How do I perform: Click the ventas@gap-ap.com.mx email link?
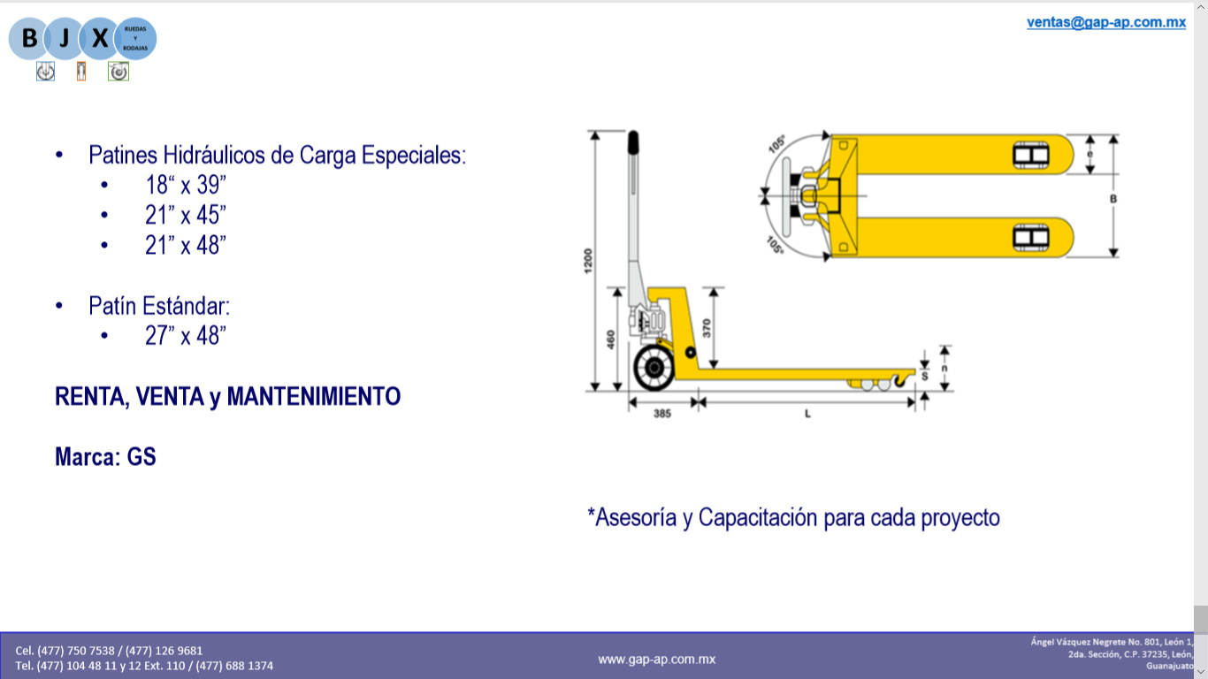click(1105, 23)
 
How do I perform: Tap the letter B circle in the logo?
click(29, 39)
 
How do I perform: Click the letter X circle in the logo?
click(100, 39)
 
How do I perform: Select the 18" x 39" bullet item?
click(186, 186)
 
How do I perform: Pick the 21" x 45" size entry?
click(186, 216)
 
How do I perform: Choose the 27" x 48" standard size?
click(186, 336)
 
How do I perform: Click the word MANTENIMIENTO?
click(314, 396)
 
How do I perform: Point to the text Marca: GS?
click(105, 457)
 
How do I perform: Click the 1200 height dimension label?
click(588, 261)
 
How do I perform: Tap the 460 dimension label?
click(611, 339)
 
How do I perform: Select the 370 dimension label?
click(706, 328)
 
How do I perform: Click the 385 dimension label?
click(661, 414)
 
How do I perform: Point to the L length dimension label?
click(807, 414)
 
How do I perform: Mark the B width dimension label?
click(1112, 199)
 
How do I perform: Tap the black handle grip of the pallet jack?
click(632, 142)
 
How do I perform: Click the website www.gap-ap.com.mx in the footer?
click(656, 659)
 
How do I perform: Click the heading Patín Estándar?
click(159, 306)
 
